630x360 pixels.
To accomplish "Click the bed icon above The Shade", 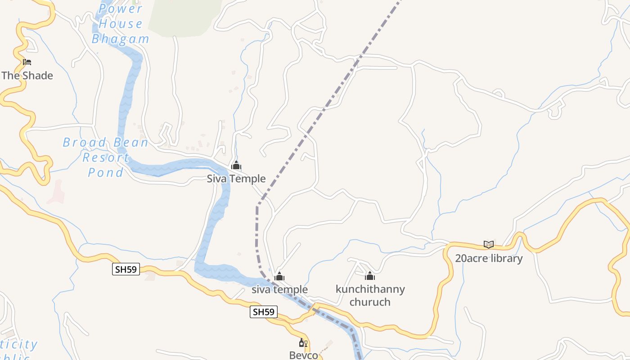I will (27, 62).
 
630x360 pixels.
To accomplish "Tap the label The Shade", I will (27, 76).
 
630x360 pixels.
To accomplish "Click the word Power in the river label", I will (121, 9).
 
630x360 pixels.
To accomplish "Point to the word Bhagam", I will (121, 39).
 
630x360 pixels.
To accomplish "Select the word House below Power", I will (121, 24).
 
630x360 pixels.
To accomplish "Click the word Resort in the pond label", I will (106, 157).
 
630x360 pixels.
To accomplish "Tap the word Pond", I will (106, 172).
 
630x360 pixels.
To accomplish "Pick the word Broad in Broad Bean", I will (85, 143).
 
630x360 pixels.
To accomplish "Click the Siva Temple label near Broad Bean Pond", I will (236, 179).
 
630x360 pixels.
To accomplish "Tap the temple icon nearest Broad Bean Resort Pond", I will (236, 166).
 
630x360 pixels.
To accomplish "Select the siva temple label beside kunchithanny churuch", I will (279, 289).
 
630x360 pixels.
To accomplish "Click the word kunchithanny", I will (370, 289).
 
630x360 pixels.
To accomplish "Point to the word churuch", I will (370, 301).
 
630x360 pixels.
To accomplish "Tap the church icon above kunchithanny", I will (370, 276).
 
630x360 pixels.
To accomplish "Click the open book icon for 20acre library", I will (489, 245).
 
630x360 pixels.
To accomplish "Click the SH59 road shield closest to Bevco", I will (263, 312).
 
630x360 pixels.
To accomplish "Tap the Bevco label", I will (303, 355).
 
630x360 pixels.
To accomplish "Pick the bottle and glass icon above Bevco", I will (303, 343).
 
